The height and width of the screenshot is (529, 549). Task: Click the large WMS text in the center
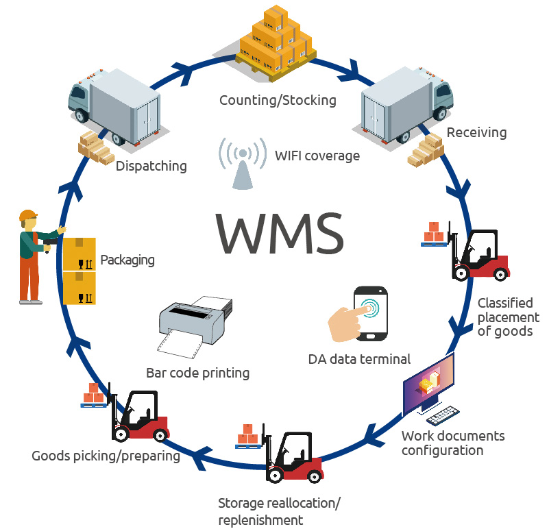(280, 233)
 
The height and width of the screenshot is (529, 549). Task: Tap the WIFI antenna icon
(242, 163)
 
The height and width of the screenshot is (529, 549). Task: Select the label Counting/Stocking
(278, 101)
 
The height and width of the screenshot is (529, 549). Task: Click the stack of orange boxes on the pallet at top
(275, 41)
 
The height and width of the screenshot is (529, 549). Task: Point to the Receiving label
(476, 132)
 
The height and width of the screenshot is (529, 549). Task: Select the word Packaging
(127, 260)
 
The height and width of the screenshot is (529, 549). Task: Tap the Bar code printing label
(197, 373)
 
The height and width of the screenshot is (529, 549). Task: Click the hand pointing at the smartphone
(346, 322)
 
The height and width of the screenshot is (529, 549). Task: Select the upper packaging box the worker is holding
(79, 254)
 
